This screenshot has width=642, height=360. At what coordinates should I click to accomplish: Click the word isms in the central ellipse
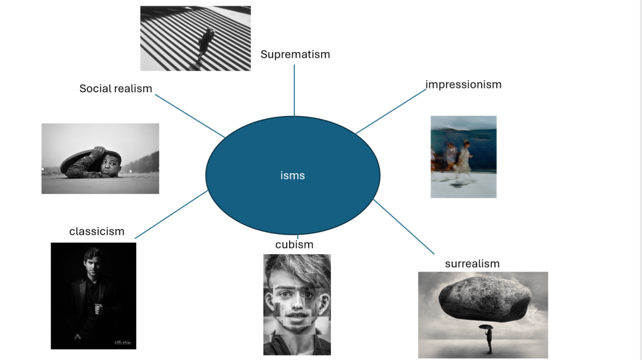pyautogui.click(x=292, y=176)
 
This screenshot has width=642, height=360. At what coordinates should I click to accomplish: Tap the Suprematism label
pyautogui.click(x=295, y=55)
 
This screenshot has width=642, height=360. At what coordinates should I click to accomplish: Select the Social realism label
pyautogui.click(x=116, y=88)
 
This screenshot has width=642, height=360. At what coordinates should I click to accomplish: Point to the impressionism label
pyautogui.click(x=463, y=84)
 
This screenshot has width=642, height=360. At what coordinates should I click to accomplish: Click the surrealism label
pyautogui.click(x=472, y=263)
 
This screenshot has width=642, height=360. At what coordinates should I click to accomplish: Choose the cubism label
pyautogui.click(x=294, y=245)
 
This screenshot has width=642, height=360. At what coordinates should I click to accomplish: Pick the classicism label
pyautogui.click(x=97, y=231)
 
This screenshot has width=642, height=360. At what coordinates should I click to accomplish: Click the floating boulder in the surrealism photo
pyautogui.click(x=485, y=297)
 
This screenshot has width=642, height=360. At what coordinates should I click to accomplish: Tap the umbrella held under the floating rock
pyautogui.click(x=485, y=326)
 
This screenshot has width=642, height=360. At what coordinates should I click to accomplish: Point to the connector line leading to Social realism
pyautogui.click(x=189, y=115)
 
